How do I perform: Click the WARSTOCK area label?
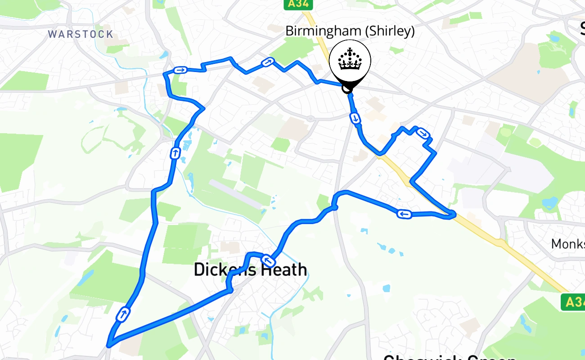click(x=81, y=34)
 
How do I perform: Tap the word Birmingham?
click(x=324, y=31)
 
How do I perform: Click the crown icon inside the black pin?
click(x=350, y=60)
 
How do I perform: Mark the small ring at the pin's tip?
click(x=347, y=89)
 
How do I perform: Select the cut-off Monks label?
click(x=568, y=244)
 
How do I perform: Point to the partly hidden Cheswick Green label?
click(x=450, y=357)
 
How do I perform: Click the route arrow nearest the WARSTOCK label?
click(x=180, y=70)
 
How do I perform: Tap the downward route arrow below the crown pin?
click(x=355, y=118)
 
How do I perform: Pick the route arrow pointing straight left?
click(x=404, y=214)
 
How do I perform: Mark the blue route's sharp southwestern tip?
click(x=108, y=346)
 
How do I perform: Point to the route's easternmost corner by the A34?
click(x=454, y=215)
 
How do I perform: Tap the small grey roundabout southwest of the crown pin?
click(x=310, y=119)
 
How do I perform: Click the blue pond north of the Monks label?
click(x=549, y=203)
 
